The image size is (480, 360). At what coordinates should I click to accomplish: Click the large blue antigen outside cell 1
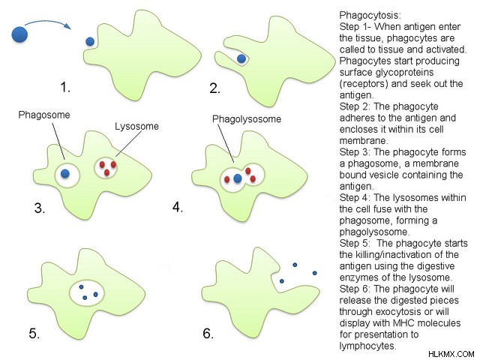coord(19,34)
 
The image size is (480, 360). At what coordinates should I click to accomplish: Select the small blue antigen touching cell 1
coord(90,42)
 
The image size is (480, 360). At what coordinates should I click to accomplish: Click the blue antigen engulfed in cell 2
coord(241,58)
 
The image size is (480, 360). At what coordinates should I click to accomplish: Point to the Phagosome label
coord(44,115)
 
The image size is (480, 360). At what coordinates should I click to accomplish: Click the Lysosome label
coord(136,126)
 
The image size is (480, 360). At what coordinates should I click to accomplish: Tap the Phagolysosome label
coord(247,118)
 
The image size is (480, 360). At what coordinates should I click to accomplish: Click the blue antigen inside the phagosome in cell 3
coord(65,174)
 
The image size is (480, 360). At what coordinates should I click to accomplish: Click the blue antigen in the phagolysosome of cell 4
coord(238,178)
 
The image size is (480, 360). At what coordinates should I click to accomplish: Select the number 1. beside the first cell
coord(65,88)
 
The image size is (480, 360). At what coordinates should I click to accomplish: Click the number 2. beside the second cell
coord(215,88)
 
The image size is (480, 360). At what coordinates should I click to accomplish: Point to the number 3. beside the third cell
coord(40,208)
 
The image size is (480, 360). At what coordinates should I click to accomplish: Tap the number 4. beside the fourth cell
coord(178,207)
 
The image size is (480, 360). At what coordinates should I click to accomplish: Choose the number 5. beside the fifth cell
coord(34,333)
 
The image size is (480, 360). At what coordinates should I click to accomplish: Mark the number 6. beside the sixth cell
coord(208,333)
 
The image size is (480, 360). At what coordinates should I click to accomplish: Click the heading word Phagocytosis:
coord(370,15)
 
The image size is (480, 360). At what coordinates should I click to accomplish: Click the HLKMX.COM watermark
coord(451,354)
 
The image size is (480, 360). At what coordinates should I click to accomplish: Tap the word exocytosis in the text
coord(402,312)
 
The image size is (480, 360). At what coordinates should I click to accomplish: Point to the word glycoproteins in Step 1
coord(404,73)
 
